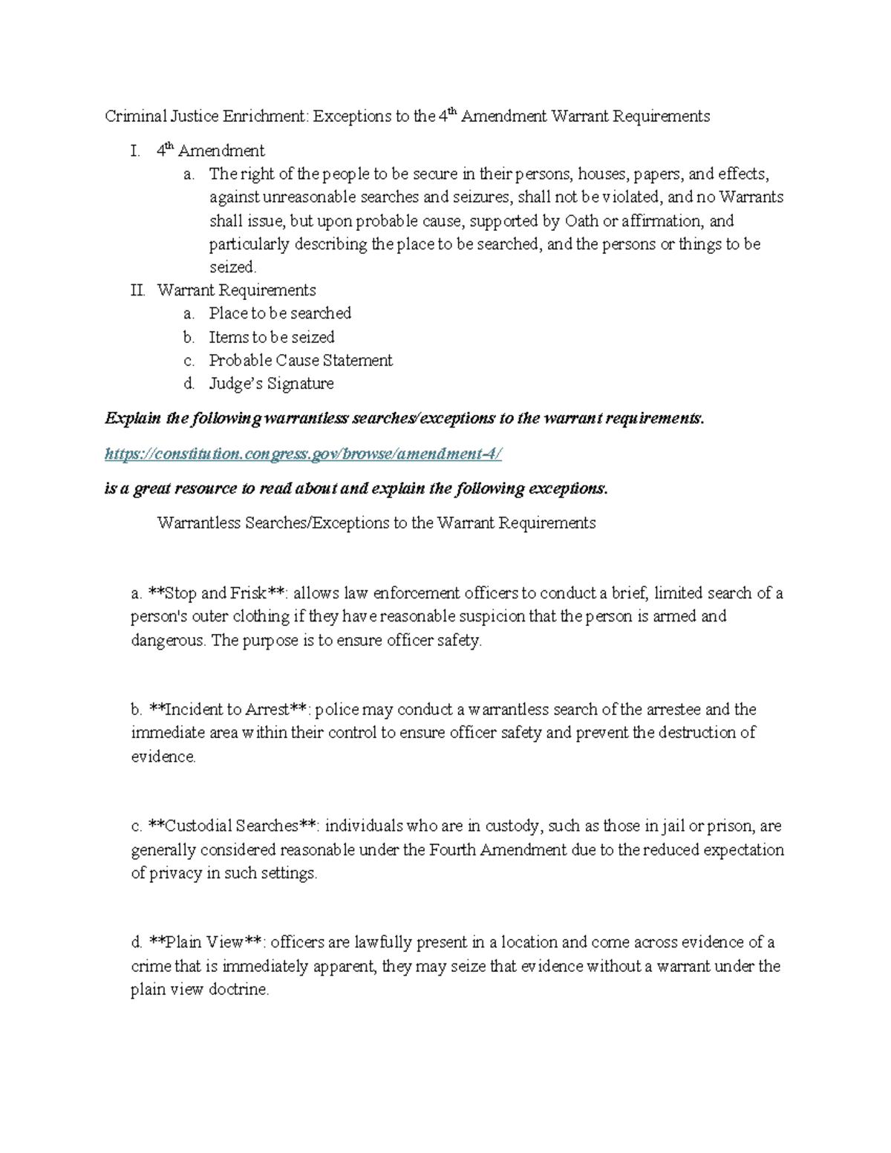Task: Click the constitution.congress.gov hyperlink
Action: [303, 454]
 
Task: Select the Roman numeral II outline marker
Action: [138, 290]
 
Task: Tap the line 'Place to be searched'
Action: [280, 313]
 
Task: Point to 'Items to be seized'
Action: [272, 337]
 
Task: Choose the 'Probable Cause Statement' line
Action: [301, 361]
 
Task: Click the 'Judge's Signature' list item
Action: [271, 384]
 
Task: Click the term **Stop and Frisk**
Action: [217, 593]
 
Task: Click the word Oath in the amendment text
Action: [581, 221]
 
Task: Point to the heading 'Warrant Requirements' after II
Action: [236, 290]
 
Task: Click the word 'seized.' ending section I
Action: [232, 267]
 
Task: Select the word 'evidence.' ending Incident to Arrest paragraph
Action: [163, 757]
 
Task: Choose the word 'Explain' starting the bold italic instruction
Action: [133, 419]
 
